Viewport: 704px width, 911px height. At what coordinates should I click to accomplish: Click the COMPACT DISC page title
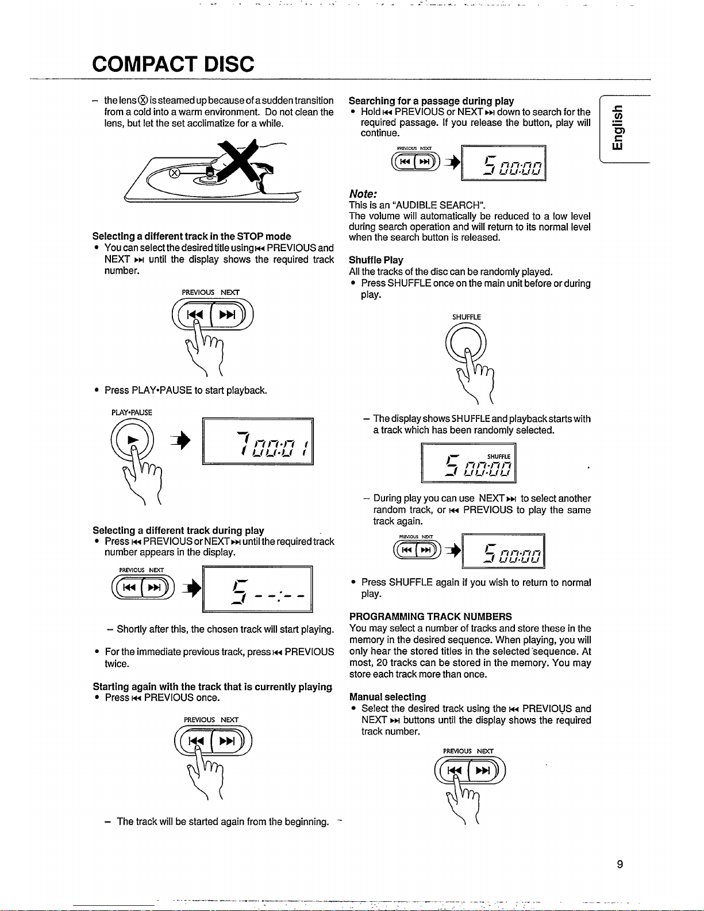click(x=173, y=63)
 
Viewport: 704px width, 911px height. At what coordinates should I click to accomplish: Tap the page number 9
click(x=620, y=864)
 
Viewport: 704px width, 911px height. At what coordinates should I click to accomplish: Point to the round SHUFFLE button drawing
click(x=466, y=342)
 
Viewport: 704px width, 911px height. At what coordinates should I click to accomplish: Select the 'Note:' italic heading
click(x=363, y=194)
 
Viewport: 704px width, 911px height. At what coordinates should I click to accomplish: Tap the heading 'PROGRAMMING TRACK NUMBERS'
click(x=430, y=616)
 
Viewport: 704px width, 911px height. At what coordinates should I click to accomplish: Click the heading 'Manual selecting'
click(x=387, y=697)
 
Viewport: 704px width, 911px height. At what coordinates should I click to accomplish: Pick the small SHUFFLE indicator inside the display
click(x=498, y=456)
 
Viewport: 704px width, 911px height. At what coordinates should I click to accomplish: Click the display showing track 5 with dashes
click(x=257, y=589)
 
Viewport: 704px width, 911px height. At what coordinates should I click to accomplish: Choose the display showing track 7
click(x=257, y=441)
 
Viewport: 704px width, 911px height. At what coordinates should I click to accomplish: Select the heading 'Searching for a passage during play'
click(x=431, y=101)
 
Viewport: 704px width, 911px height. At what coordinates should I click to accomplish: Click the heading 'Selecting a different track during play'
click(x=178, y=530)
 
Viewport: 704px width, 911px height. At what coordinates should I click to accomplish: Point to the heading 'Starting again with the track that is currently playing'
click(x=212, y=686)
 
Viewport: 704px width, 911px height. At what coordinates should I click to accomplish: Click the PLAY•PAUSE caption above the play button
click(x=132, y=412)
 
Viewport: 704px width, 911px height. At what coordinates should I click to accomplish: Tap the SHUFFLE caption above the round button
click(x=466, y=317)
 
